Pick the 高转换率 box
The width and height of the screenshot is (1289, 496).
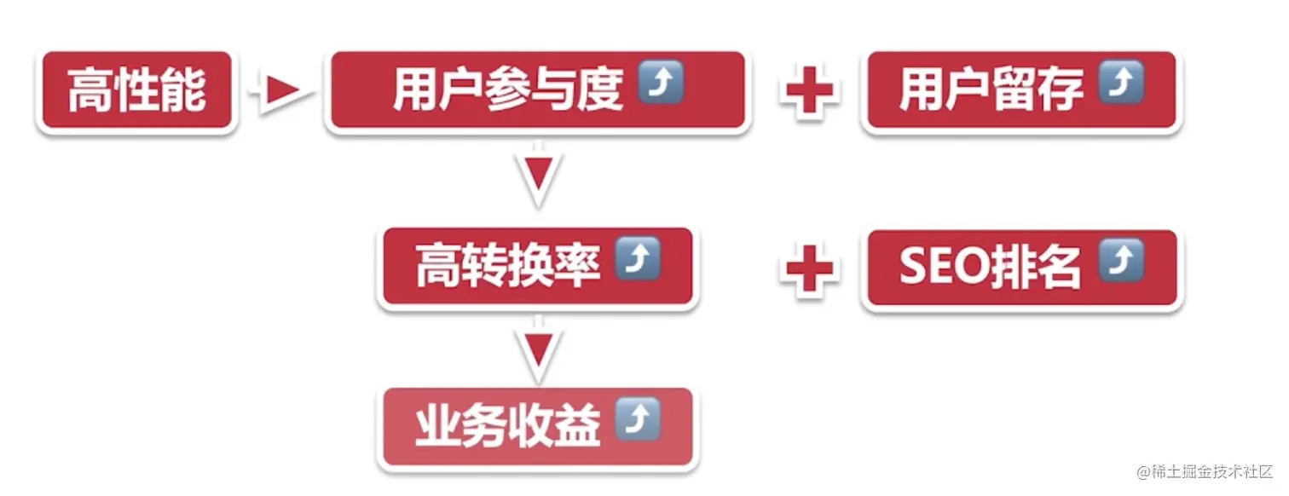pyautogui.click(x=537, y=267)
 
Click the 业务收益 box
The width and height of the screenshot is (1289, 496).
pyautogui.click(x=537, y=426)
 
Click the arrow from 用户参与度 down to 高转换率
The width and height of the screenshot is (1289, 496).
pyautogui.click(x=539, y=177)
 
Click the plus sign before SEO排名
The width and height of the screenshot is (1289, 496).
pyautogui.click(x=807, y=268)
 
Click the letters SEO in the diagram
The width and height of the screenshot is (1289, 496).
pyautogui.click(x=943, y=268)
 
